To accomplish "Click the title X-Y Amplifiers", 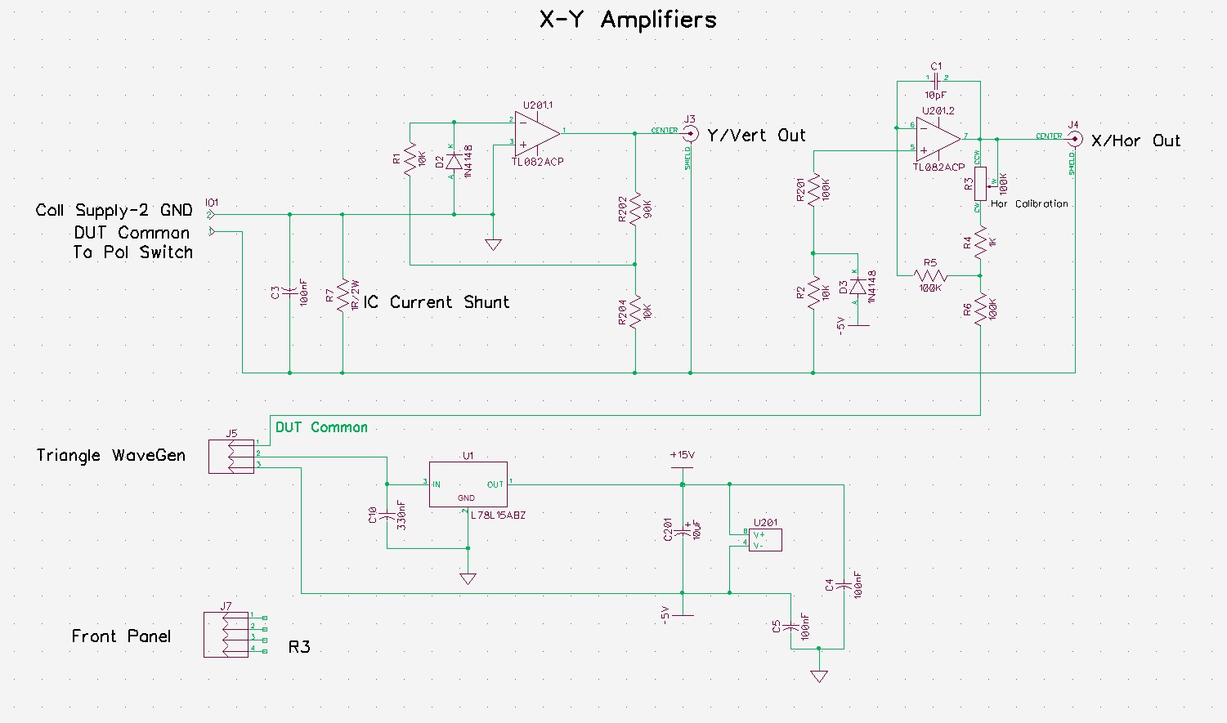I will coord(628,20).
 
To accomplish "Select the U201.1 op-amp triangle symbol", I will coord(536,133).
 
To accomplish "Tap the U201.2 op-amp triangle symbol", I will coord(937,138).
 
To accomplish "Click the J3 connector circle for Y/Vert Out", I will coord(691,133).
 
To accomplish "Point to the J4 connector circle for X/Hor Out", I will coord(1075,139).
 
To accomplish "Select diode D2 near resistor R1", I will coord(453,163).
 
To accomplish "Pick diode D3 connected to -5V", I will coord(857,287).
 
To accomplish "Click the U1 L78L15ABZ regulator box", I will coord(468,484).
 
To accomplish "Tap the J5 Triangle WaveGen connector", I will coord(231,456).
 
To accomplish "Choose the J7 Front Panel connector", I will coord(226,635).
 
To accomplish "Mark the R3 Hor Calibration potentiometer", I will coord(980,184).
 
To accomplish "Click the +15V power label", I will coord(682,455).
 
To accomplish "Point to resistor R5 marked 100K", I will coord(930,274).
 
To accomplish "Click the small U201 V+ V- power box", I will coord(765,540).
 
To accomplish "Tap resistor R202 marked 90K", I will coord(635,210).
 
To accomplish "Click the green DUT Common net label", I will coord(321,427).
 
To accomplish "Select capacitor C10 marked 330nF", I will coord(387,515).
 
